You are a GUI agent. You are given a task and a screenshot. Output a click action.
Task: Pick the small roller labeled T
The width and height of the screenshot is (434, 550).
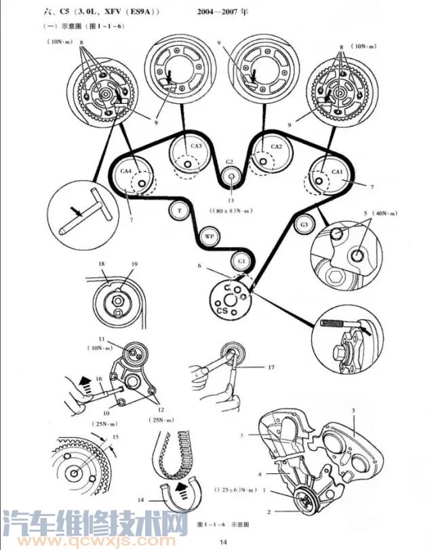[x=179, y=211]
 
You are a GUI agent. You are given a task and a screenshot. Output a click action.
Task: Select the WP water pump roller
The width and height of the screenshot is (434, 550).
[x=210, y=236]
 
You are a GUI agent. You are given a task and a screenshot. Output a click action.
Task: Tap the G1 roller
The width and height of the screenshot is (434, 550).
[x=241, y=261]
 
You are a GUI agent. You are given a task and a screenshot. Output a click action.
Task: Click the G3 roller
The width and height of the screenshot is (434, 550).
[x=304, y=224]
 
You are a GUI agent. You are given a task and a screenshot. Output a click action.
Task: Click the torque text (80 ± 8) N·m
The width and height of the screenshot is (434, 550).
[x=232, y=210]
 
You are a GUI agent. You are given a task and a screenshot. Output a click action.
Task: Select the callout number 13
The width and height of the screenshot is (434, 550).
[x=231, y=202]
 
